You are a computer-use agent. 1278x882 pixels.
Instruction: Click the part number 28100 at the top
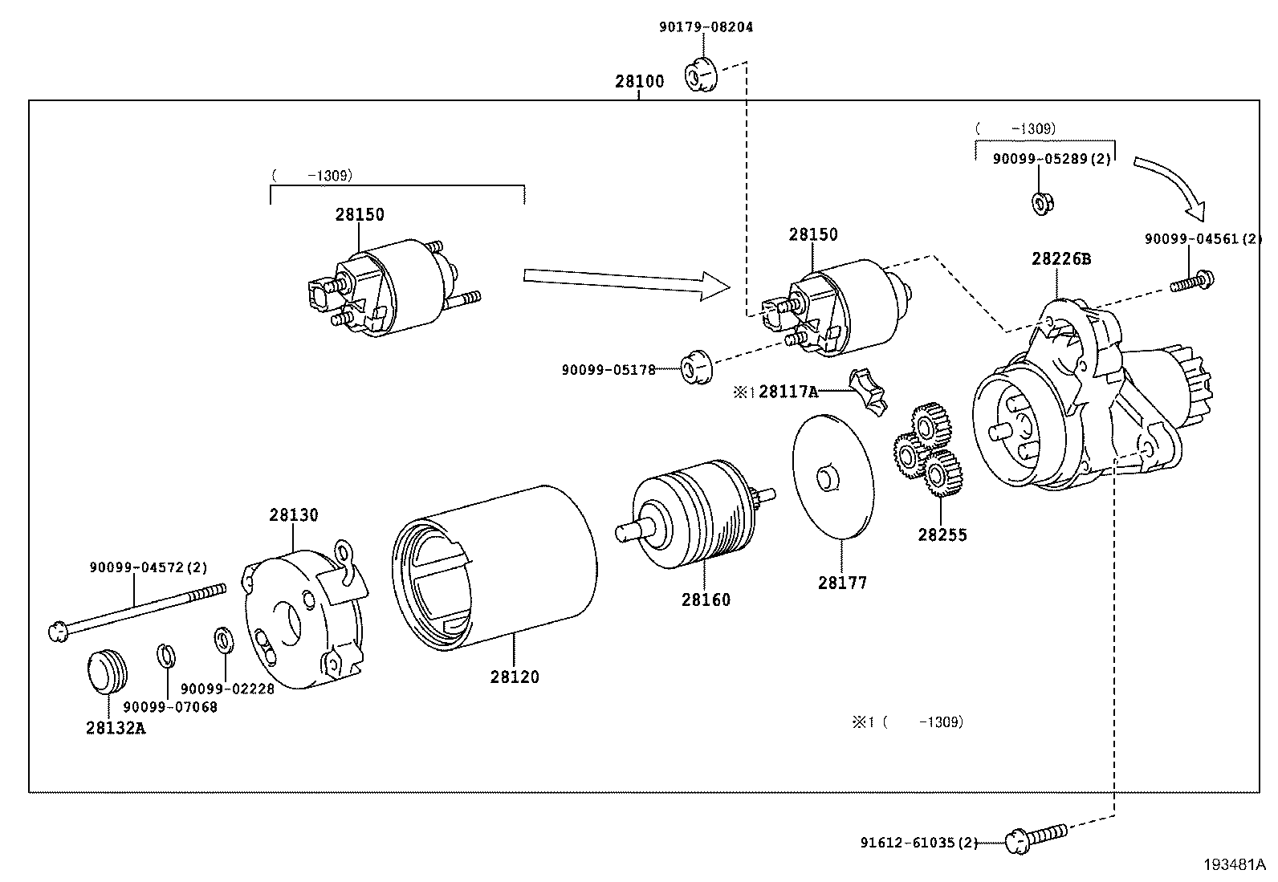[640, 81]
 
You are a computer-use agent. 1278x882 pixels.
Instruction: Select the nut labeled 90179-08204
[698, 75]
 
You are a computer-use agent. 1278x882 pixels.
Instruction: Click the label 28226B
[1061, 258]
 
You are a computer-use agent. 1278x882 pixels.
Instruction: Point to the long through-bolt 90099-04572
[136, 612]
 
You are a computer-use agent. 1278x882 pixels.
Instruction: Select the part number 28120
[515, 677]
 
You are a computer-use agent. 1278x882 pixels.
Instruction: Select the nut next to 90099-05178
[697, 367]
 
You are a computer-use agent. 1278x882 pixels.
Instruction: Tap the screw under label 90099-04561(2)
[1191, 282]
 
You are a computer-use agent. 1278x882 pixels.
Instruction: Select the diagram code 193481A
[1234, 864]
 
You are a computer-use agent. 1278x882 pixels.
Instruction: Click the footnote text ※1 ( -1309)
[907, 721]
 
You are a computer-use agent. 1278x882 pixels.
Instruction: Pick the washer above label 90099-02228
[222, 640]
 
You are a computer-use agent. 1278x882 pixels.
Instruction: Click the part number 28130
[293, 514]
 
